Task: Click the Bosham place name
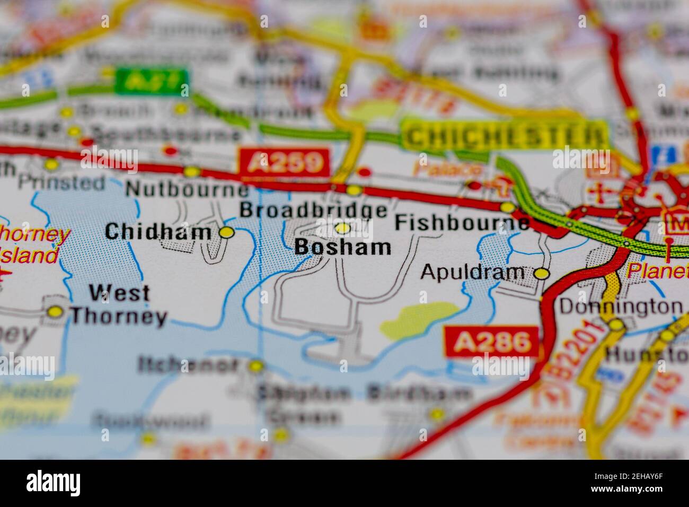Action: (342, 248)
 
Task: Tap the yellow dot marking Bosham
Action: (343, 228)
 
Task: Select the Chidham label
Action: (158, 232)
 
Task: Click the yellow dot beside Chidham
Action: (227, 232)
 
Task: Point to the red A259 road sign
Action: (284, 162)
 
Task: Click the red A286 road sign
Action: (491, 342)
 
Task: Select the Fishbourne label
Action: (462, 222)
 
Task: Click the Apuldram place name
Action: (472, 272)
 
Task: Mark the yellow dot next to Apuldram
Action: (541, 274)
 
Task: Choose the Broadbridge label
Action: (313, 210)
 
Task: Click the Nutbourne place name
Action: (187, 189)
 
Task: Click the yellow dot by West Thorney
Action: (55, 312)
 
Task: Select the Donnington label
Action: (621, 307)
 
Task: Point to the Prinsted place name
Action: (61, 183)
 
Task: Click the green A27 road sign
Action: (152, 80)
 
